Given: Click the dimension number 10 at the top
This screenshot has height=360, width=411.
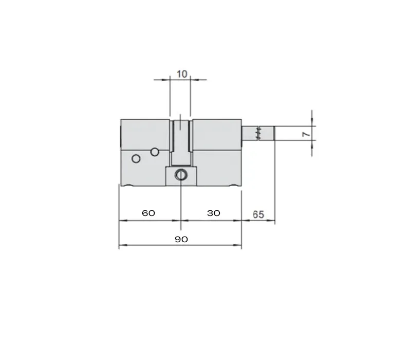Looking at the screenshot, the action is (182, 74).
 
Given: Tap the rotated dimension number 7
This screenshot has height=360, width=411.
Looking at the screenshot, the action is (306, 134).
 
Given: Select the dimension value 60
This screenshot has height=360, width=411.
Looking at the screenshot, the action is (148, 213).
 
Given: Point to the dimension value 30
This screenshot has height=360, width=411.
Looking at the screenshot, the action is (214, 213).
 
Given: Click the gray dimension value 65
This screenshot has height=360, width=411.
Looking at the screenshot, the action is (258, 214).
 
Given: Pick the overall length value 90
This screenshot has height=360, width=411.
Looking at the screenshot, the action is (181, 239).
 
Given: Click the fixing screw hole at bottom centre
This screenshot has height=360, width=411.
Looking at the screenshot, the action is (181, 174).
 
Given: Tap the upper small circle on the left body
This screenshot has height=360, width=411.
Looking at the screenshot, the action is (155, 152).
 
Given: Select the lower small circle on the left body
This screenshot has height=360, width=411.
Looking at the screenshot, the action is (136, 158).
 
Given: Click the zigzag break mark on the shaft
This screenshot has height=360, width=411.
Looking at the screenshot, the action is (258, 133).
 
